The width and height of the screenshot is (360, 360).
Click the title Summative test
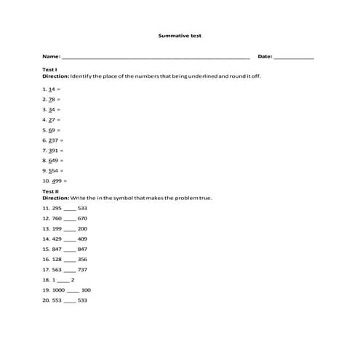(180, 35)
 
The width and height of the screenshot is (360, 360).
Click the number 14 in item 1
(52, 89)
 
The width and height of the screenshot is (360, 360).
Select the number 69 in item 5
(52, 129)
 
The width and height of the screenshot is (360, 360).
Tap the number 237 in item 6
(54, 140)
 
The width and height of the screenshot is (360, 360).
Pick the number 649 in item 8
(54, 160)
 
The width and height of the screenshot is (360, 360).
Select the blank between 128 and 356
(70, 260)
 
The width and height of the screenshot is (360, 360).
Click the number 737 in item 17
(82, 270)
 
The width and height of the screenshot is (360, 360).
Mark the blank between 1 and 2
(63, 280)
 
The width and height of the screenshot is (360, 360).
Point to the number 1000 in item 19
(59, 290)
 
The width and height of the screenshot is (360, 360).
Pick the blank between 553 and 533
(70, 300)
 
